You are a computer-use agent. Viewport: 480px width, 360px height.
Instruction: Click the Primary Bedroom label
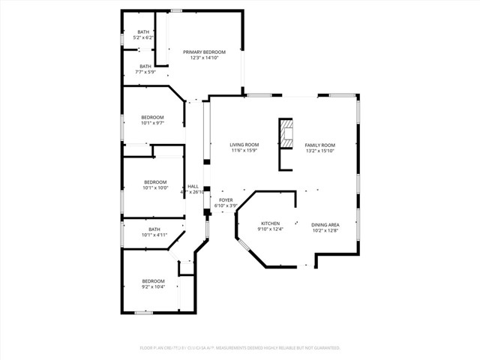point(204,51)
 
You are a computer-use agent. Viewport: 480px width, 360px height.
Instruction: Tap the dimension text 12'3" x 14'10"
point(204,58)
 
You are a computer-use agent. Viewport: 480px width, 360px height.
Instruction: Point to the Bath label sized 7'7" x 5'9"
point(145,66)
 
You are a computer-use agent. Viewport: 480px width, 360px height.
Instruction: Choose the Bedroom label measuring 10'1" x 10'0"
point(155,181)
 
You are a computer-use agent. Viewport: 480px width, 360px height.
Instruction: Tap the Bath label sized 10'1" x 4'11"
point(154,229)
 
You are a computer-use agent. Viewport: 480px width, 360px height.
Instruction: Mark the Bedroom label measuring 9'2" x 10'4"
point(153,280)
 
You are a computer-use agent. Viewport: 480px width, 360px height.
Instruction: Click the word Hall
point(193,186)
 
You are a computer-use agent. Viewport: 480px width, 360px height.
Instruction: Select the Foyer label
point(226,200)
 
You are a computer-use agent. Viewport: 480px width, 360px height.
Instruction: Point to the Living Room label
point(244,144)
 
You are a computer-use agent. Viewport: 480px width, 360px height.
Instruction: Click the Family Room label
point(319,144)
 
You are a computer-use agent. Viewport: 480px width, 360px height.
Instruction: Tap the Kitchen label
point(270,223)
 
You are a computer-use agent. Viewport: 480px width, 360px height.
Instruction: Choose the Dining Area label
point(325,224)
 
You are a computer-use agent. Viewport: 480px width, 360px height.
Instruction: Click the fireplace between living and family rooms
point(286,135)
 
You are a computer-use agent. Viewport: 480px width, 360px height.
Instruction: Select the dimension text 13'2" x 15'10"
point(319,151)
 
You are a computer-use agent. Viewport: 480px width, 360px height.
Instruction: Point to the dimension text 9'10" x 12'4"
point(270,230)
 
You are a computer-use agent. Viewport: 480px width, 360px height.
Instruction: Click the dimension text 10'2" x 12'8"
point(325,231)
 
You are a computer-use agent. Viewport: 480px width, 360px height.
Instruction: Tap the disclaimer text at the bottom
point(240,348)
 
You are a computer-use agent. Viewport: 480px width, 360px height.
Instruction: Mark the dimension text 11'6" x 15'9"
point(244,151)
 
